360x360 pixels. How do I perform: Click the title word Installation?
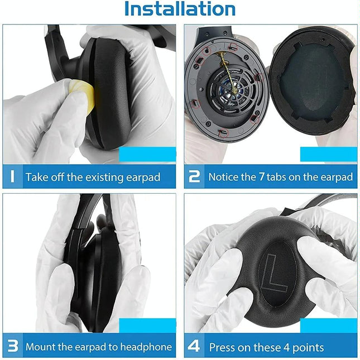(180, 9)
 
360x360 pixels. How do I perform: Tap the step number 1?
(12, 177)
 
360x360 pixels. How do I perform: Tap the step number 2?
(194, 177)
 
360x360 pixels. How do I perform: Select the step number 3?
(12, 347)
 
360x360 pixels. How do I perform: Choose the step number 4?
(194, 347)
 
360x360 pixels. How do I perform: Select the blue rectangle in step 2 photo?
(328, 154)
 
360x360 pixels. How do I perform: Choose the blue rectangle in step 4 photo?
(328, 325)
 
